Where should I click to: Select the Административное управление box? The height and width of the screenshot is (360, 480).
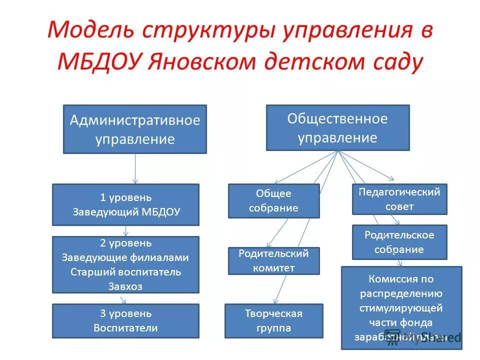[134, 129]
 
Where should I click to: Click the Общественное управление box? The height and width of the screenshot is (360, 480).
[337, 127]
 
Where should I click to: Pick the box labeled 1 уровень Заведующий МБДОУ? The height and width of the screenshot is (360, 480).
[125, 204]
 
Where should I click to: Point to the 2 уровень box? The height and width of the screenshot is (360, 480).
[125, 264]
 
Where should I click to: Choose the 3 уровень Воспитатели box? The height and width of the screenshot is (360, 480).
[125, 321]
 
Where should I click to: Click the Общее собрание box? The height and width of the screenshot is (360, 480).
[273, 200]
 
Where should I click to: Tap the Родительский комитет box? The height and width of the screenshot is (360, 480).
[273, 260]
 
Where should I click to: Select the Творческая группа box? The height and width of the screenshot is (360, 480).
[273, 320]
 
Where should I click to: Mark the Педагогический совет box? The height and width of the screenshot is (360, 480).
[399, 199]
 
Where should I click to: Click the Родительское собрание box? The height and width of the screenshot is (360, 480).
[399, 242]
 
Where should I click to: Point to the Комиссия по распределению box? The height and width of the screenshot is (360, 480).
[401, 307]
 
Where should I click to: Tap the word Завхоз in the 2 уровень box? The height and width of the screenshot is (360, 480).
[121, 286]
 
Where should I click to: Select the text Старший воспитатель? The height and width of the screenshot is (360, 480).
[125, 272]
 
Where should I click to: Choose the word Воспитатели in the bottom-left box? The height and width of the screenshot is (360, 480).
[125, 328]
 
